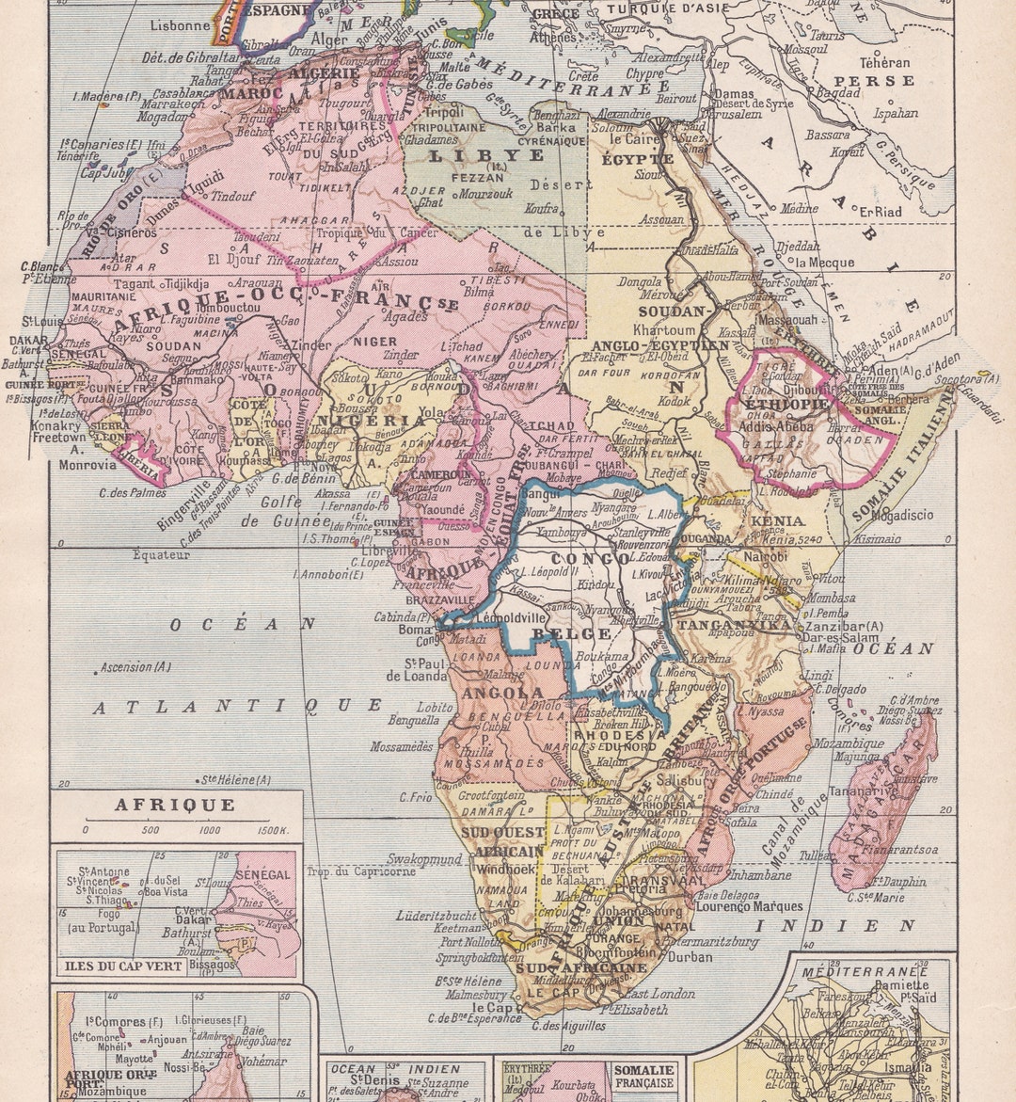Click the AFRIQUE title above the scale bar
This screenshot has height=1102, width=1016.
[175, 805]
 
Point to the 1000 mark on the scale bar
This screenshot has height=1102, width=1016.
[210, 830]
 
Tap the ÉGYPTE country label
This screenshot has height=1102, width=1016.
[639, 159]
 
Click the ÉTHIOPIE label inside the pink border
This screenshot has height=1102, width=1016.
[786, 404]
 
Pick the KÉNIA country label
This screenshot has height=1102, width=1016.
[777, 520]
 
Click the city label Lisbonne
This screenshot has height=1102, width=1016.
[181, 25]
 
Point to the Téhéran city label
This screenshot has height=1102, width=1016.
[884, 62]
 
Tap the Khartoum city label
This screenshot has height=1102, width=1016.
[664, 330]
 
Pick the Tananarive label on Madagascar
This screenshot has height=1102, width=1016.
[881, 791]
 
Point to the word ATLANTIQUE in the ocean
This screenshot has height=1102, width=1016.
[237, 706]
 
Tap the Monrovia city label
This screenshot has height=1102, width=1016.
[87, 464]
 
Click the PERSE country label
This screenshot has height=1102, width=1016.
[874, 81]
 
